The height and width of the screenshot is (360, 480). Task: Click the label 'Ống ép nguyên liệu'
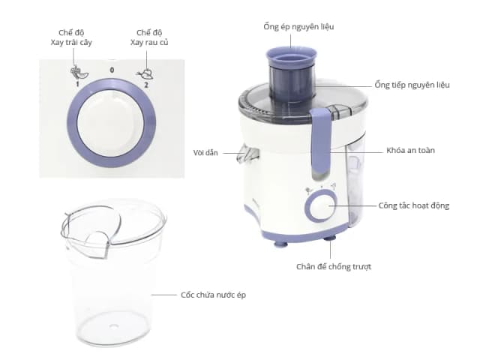click(x=299, y=27)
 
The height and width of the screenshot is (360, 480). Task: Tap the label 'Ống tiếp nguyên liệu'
click(x=412, y=85)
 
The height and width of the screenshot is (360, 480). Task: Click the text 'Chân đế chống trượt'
click(x=332, y=266)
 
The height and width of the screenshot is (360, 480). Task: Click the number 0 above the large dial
click(x=112, y=70)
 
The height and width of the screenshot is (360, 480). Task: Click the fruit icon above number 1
click(x=76, y=73)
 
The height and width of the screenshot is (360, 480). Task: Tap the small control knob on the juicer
click(x=321, y=205)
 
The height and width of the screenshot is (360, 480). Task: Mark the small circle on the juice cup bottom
click(x=114, y=326)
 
